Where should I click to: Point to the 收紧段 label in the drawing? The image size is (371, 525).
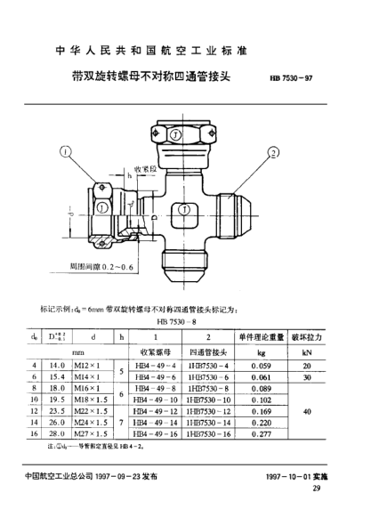tap(145, 167)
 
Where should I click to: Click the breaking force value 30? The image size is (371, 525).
tap(309, 376)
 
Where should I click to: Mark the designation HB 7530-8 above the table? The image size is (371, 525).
tap(175, 320)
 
